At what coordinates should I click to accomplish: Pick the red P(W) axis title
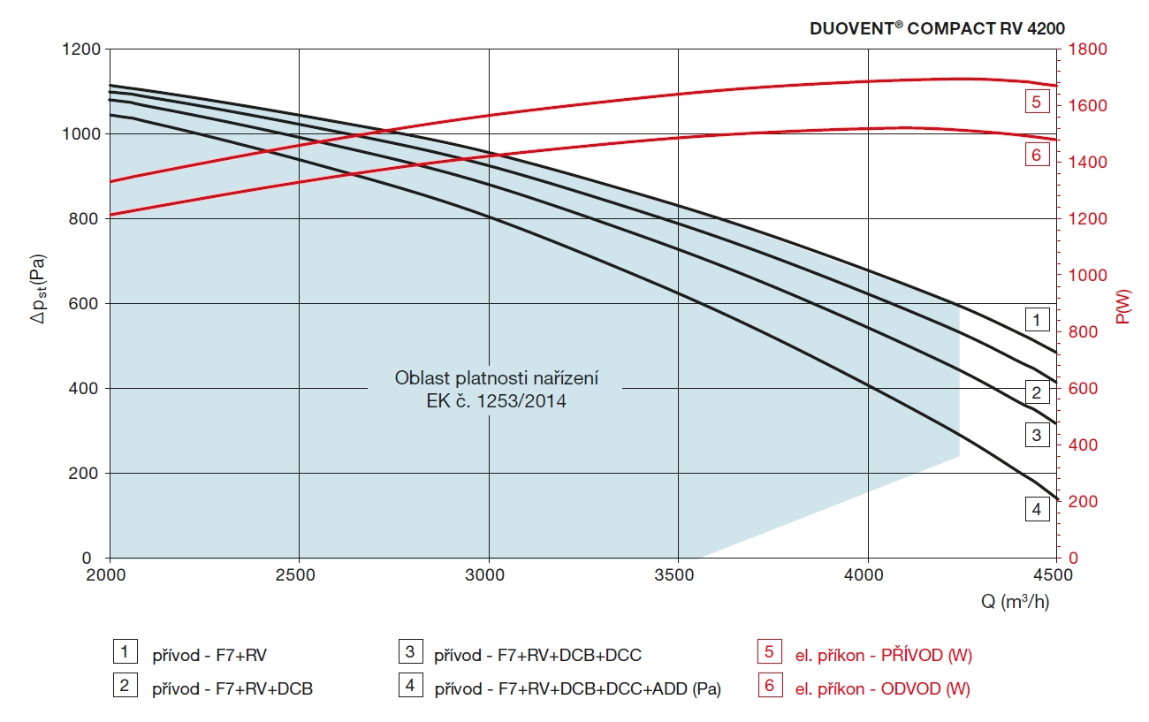pos(1123,304)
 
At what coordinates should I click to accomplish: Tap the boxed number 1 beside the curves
pos(1038,319)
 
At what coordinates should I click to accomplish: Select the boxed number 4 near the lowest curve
pos(1038,509)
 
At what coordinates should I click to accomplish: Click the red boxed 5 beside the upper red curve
pos(1038,102)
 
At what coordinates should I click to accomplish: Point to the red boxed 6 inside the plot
pos(1038,156)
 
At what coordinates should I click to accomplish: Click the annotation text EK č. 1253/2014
pos(496,401)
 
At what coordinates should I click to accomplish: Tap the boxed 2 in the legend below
pos(125,686)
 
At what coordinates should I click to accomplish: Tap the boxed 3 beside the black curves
pos(1038,435)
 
